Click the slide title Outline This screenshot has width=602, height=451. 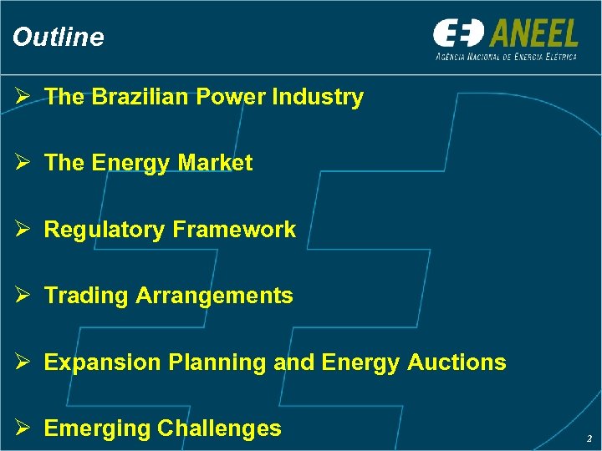[x=59, y=37]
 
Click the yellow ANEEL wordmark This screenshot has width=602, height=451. [x=534, y=34]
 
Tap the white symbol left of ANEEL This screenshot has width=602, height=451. [x=458, y=34]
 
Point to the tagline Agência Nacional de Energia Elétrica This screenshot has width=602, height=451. [x=506, y=56]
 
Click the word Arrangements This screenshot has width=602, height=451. [x=214, y=296]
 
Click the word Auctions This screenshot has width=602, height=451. [x=457, y=362]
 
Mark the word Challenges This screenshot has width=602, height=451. [x=219, y=428]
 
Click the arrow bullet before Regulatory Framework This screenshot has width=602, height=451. [x=23, y=230]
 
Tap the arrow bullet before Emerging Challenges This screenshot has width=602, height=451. [x=23, y=428]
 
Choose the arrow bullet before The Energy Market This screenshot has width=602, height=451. [x=23, y=163]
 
